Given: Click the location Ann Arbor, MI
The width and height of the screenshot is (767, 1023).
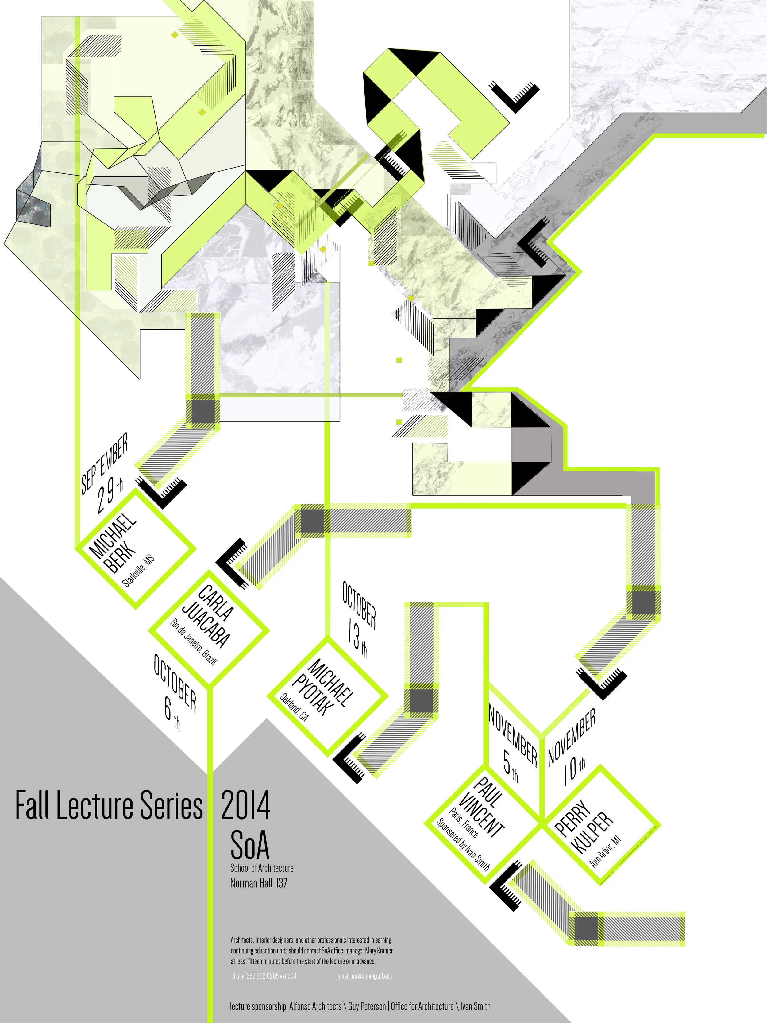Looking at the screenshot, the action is point(606,851).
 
